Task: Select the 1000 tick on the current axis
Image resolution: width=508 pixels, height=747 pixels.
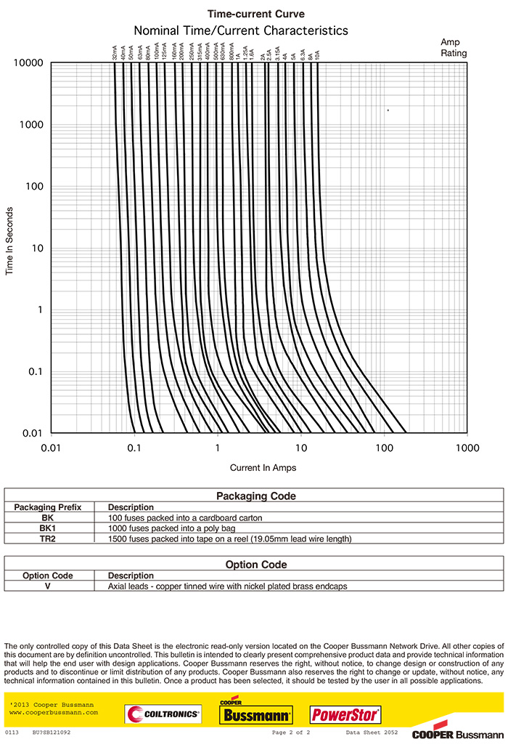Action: (467, 448)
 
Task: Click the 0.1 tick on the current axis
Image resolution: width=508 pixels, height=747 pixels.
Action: (134, 448)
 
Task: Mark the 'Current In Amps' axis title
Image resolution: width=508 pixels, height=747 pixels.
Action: (263, 468)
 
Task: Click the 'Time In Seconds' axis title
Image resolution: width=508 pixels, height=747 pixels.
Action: (9, 241)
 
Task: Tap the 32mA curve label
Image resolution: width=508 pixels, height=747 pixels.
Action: (115, 53)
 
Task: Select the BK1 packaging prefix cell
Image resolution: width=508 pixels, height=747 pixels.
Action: (48, 528)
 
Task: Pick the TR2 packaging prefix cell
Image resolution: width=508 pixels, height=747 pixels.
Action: (48, 538)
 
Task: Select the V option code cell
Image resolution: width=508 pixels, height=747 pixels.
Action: (48, 586)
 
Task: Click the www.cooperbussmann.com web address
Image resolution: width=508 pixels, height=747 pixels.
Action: (54, 713)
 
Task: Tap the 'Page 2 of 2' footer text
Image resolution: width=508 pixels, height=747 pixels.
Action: (291, 732)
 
